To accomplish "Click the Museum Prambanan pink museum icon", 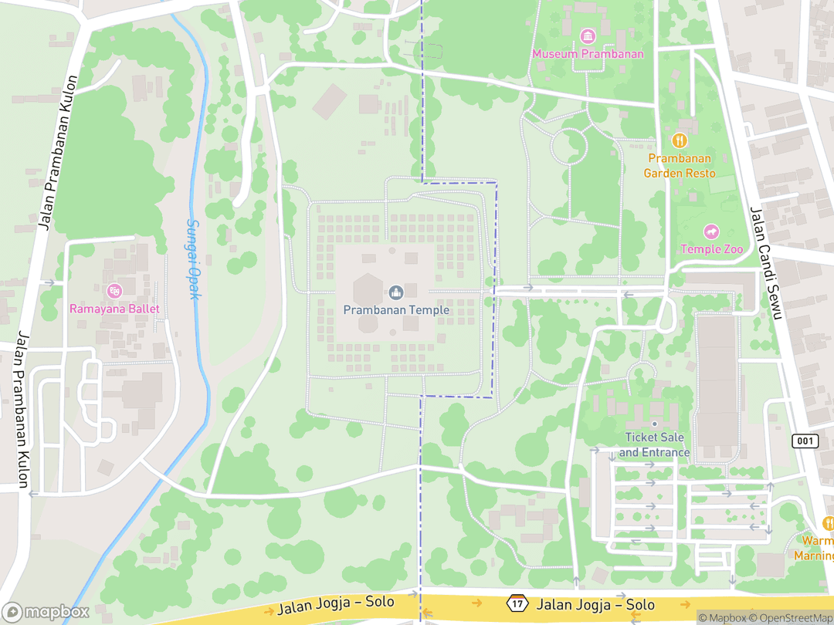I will (588, 36).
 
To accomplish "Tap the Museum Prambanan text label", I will (588, 54).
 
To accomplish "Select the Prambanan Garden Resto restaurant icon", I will (680, 140).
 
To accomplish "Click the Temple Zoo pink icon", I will (710, 231).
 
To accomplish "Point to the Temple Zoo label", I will (711, 249).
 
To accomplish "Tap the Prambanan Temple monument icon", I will (396, 292).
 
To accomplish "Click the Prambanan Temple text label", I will (396, 309).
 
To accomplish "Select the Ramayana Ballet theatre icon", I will (114, 291).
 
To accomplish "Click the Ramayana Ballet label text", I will (114, 309).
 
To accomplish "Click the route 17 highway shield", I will (517, 602).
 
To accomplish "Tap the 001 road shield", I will (805, 441).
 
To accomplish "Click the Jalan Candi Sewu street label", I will (766, 262).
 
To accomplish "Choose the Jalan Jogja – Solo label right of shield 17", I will (596, 605).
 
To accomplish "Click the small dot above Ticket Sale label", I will (654, 424).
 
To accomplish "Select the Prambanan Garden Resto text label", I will (680, 166).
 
